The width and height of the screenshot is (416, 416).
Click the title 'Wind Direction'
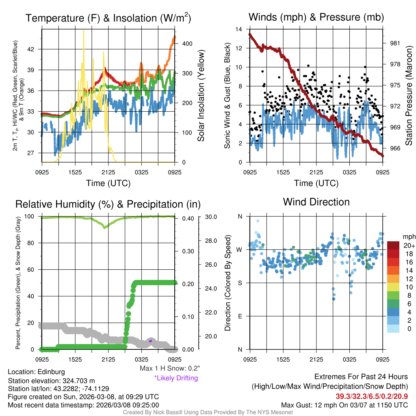pos(316,202)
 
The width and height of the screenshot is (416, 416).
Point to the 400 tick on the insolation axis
pos(183,43)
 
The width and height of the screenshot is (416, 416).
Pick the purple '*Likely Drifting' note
pos(175,378)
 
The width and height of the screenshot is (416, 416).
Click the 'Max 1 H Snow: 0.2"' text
pos(169,368)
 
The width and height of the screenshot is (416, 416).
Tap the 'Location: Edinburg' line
pos(36,372)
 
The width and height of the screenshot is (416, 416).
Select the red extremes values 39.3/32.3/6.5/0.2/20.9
pos(372,396)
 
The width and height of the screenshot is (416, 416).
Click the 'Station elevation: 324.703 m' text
pos(51,381)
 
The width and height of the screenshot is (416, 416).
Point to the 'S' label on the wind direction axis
pos(240,283)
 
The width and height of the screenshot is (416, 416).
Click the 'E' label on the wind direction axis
pos(240,316)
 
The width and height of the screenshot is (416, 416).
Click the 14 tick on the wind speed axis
pos(239,29)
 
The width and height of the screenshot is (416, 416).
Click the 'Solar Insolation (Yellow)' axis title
pos(201,95)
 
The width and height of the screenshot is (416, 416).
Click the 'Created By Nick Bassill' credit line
pos(208,412)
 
